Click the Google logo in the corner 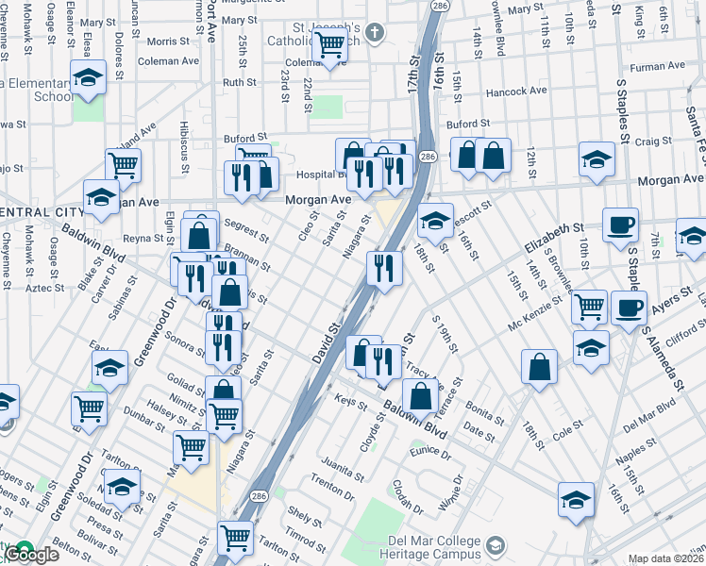click(x=34, y=556)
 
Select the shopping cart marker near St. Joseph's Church click(x=329, y=44)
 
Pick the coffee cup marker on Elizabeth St click(x=620, y=225)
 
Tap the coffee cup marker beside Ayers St click(x=629, y=308)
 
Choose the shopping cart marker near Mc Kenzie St click(x=589, y=307)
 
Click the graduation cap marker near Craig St click(x=597, y=158)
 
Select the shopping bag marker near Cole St click(x=538, y=366)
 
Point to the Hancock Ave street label click(x=516, y=92)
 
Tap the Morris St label click(x=168, y=42)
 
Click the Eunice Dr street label click(x=432, y=453)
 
